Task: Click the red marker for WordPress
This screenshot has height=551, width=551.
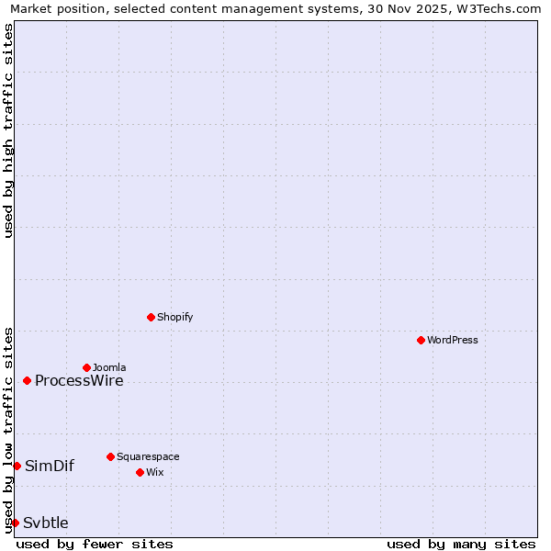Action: click(x=421, y=340)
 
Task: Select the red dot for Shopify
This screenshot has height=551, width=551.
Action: click(x=151, y=317)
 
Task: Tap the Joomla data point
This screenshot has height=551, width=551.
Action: click(x=86, y=367)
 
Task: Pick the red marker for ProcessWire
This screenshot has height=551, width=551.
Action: click(x=28, y=380)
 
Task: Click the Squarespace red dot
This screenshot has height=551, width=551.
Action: click(x=110, y=456)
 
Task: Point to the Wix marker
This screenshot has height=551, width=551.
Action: click(x=140, y=472)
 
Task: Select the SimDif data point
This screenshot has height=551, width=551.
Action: click(x=17, y=466)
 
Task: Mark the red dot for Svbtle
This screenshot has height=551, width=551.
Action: click(x=15, y=523)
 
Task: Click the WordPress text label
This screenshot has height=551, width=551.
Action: click(x=453, y=340)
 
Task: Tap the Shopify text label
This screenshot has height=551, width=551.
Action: click(x=174, y=317)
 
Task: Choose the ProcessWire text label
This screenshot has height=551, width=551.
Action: click(x=79, y=381)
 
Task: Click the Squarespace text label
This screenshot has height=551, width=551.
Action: click(x=148, y=456)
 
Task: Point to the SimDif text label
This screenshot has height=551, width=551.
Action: click(x=50, y=467)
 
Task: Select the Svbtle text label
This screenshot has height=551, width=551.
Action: click(x=46, y=523)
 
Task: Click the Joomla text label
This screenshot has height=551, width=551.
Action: click(x=109, y=367)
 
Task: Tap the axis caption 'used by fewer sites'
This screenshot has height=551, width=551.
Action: click(x=95, y=544)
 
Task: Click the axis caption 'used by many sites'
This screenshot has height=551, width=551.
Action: click(x=461, y=544)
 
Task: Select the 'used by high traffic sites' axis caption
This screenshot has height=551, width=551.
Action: click(x=8, y=130)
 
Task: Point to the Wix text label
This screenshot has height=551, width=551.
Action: click(x=155, y=472)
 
